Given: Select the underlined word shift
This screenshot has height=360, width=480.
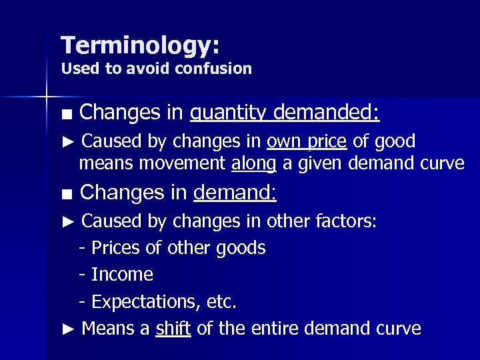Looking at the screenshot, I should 173,329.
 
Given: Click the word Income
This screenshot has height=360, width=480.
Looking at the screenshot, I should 122,275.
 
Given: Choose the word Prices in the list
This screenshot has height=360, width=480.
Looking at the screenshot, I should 115,248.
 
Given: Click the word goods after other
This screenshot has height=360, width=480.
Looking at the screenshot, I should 241,248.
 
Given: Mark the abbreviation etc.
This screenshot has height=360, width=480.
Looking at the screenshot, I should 223,302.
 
